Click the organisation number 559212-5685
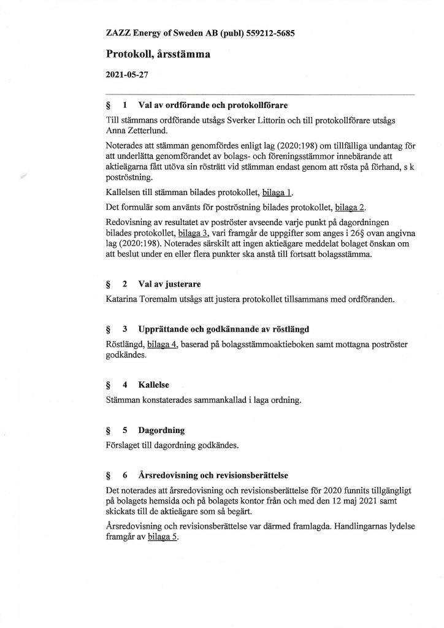[x=268, y=34]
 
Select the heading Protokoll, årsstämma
[x=158, y=54]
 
